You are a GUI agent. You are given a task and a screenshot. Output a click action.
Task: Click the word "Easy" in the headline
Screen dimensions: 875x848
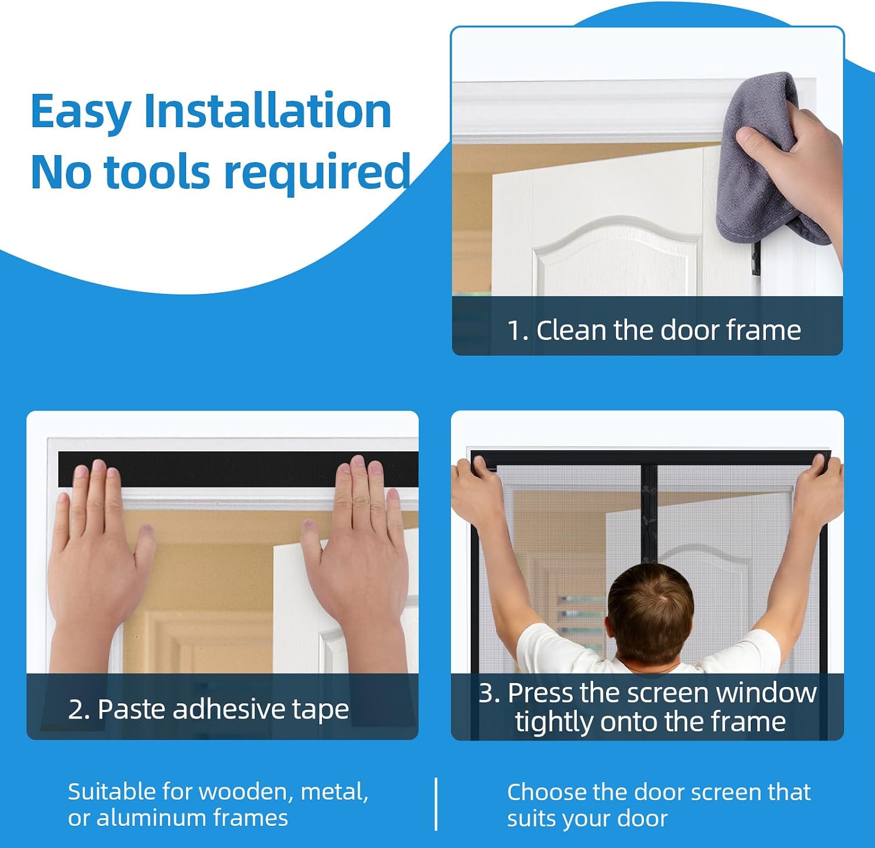pos(80,113)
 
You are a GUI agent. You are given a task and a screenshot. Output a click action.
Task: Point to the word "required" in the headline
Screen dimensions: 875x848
pos(317,173)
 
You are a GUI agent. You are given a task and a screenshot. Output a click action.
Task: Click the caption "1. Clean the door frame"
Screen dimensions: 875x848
pos(654,330)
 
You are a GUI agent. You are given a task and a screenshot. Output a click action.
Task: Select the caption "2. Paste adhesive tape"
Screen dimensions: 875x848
pos(208,710)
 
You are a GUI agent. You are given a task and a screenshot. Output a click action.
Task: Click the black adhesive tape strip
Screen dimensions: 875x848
pos(238,469)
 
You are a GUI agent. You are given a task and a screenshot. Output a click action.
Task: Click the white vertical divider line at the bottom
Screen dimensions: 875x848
pos(436,804)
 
